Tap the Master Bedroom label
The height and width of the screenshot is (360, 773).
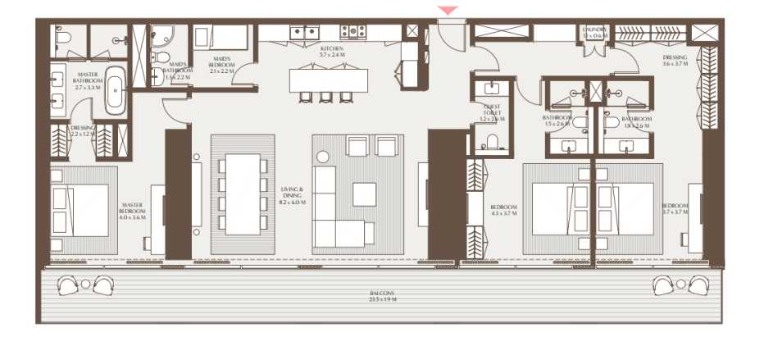coord(133,211)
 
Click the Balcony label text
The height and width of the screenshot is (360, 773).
coord(382,296)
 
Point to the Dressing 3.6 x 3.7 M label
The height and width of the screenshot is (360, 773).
coord(675,62)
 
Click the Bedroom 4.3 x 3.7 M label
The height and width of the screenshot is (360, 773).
coord(502,210)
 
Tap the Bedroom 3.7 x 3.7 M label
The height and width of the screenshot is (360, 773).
coord(675,208)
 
